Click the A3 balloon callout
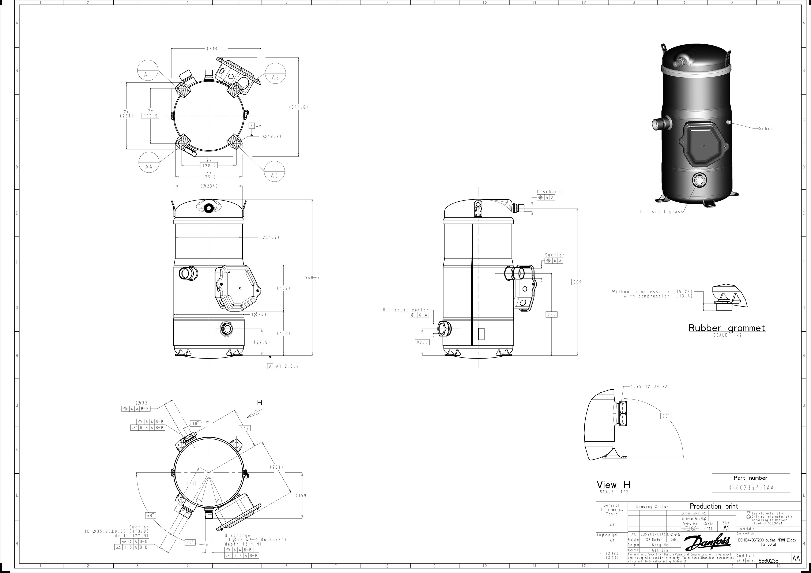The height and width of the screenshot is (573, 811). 275,175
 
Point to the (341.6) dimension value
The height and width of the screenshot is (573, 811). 298,107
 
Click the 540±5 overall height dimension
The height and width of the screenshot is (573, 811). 312,278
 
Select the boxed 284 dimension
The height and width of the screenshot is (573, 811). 551,314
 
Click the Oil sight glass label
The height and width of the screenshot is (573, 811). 661,212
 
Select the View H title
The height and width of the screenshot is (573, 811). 614,485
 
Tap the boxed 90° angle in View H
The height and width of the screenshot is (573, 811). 666,416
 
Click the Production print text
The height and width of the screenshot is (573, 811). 713,506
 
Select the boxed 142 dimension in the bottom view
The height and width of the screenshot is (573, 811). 245,428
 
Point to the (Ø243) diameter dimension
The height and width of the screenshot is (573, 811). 261,314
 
